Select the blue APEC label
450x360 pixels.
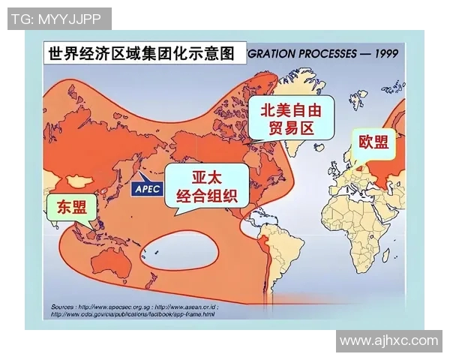(147, 188)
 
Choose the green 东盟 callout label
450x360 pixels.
(67, 208)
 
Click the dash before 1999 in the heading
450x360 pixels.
(363, 54)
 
